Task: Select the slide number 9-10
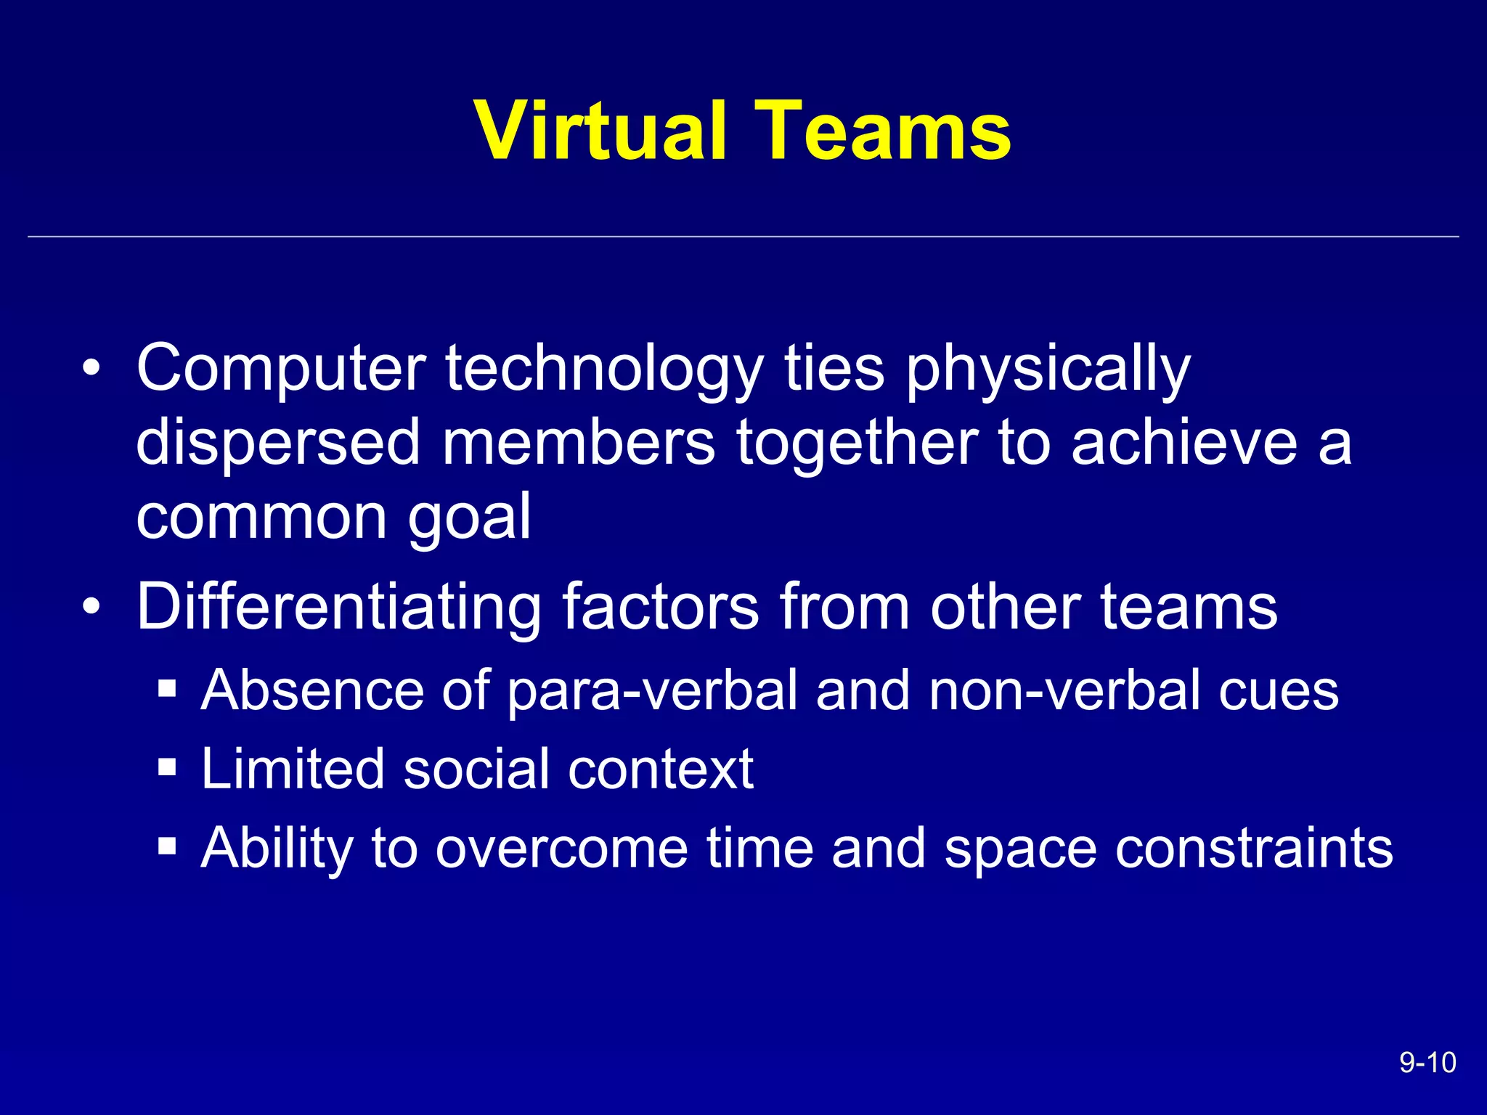tap(1427, 1063)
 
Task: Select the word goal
tap(469, 518)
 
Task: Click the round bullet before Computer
tap(91, 368)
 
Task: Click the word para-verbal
tap(653, 691)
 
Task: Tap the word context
tap(660, 769)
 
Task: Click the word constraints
tap(1254, 848)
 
